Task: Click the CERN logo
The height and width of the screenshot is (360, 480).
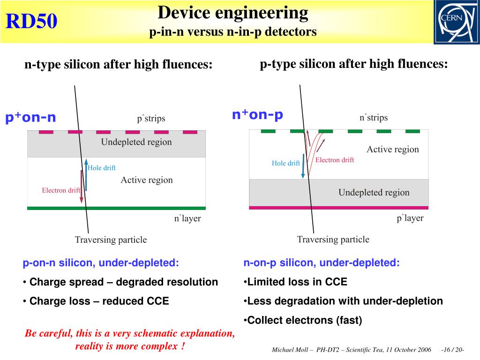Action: [x=456, y=22]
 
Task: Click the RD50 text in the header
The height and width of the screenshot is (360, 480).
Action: [x=31, y=22]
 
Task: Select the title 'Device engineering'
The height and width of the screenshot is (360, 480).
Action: [x=233, y=13]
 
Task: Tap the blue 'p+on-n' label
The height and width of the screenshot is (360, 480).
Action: [x=30, y=118]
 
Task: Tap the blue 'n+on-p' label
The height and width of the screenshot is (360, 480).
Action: [x=257, y=115]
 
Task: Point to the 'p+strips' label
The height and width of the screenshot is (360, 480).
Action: [x=151, y=118]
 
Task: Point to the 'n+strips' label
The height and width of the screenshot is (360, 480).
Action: [x=374, y=117]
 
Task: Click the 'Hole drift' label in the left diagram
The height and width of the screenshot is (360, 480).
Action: [x=102, y=168]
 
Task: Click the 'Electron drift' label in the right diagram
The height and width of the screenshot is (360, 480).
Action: [x=335, y=160]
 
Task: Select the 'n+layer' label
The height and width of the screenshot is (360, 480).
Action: [x=187, y=218]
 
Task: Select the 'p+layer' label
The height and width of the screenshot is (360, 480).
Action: [x=410, y=218]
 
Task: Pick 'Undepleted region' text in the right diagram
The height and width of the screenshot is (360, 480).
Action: [x=374, y=192]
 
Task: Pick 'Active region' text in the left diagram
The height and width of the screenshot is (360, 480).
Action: [x=147, y=180]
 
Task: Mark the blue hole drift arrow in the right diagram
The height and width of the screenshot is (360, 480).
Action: [x=303, y=167]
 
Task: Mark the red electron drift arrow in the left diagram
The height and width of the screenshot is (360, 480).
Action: [x=81, y=187]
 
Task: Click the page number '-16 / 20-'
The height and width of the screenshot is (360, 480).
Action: [x=453, y=351]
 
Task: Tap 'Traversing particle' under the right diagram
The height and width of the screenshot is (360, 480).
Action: [x=333, y=240]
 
